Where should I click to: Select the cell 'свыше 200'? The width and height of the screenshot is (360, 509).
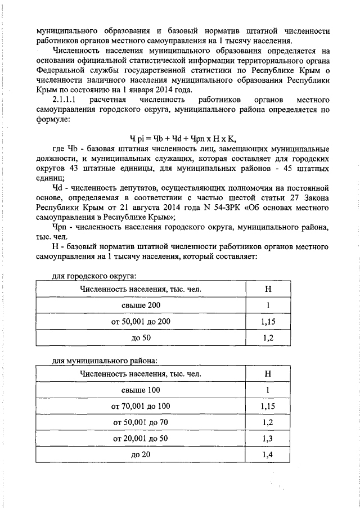141,305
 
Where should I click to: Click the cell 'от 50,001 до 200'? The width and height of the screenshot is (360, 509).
141,321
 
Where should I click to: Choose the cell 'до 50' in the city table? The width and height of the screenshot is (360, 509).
141,337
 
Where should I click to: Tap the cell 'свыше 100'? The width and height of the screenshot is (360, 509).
141,390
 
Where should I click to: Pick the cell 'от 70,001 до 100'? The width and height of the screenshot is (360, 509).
141,406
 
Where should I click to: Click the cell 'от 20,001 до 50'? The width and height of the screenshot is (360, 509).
141,438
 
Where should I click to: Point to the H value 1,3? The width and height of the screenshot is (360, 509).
268,438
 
